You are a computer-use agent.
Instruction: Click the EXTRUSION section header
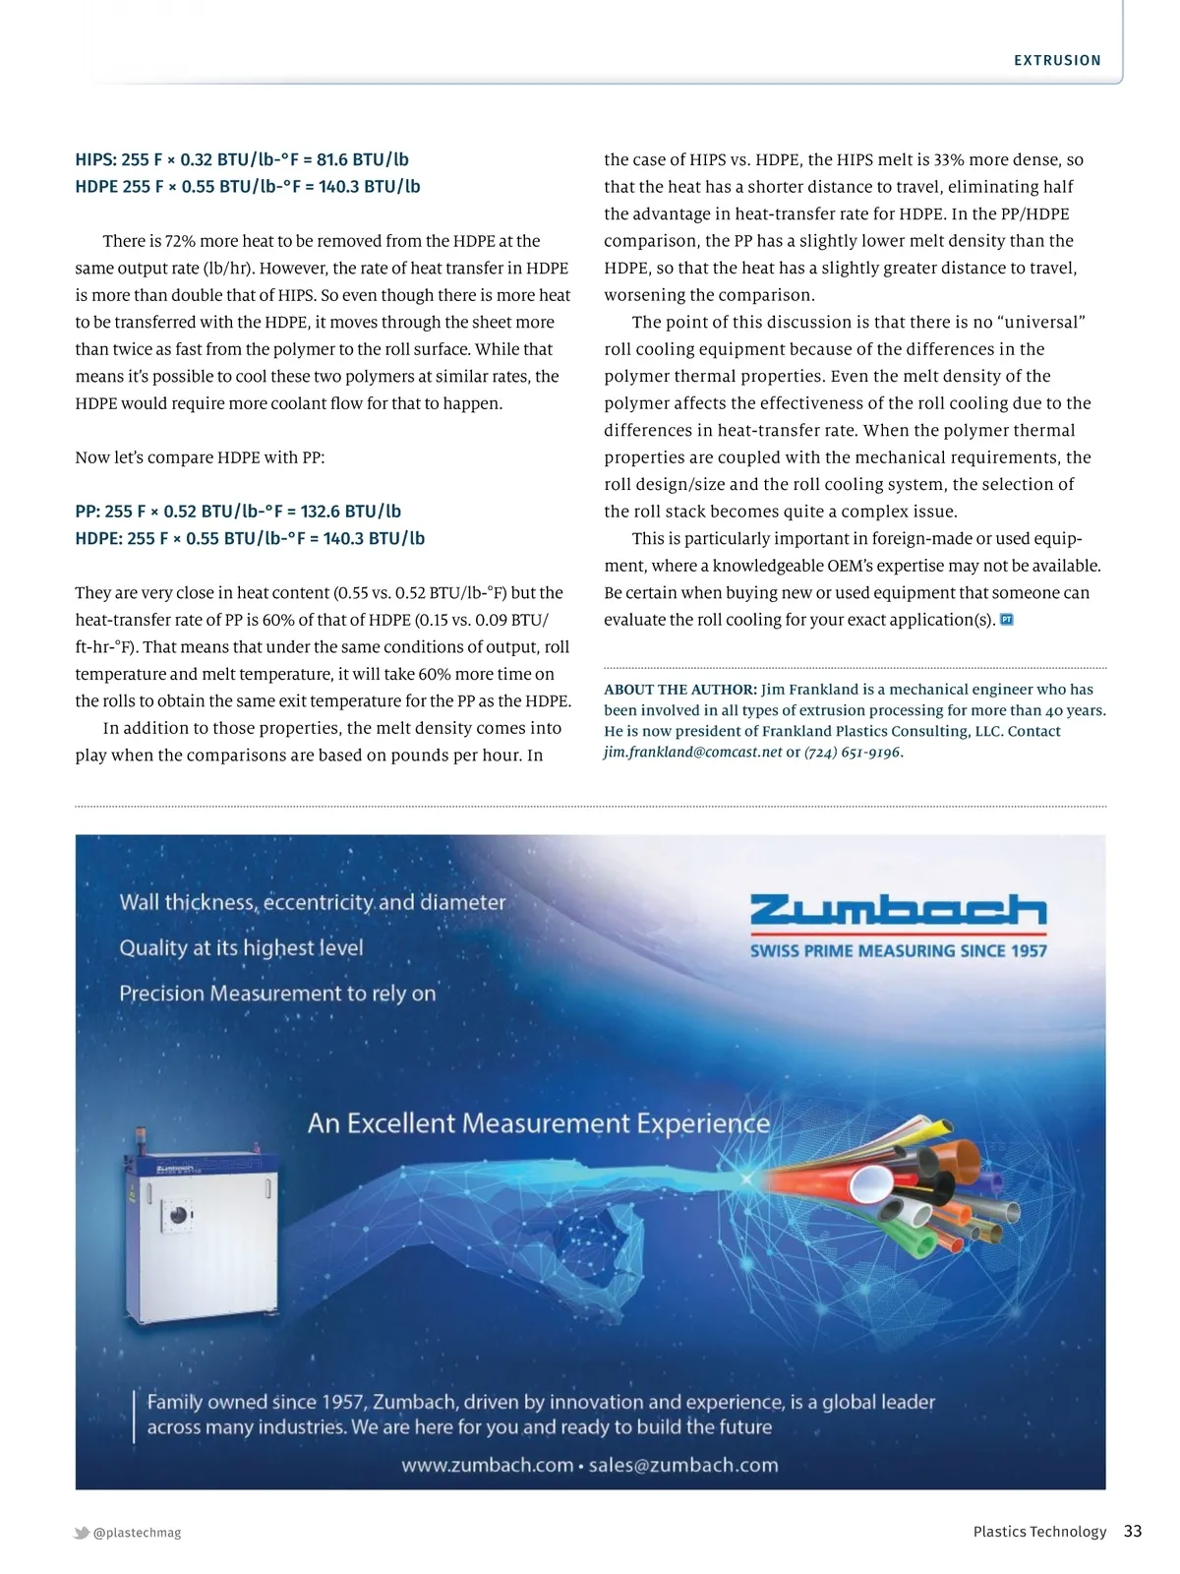(1057, 61)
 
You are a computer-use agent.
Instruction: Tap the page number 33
(1133, 1531)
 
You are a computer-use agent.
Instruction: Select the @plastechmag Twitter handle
(137, 1533)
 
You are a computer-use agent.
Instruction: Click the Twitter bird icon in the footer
(82, 1533)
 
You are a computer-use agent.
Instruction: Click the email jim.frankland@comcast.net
(693, 753)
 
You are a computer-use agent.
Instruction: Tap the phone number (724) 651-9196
(853, 753)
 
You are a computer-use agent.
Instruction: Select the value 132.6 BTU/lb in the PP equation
(351, 512)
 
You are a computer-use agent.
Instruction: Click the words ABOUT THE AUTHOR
(679, 690)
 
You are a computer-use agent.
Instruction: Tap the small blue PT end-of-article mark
(1006, 620)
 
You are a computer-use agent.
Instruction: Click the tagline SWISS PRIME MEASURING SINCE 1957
(898, 951)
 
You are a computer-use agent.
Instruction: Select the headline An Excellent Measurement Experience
(539, 1123)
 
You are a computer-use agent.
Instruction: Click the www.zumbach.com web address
(487, 1465)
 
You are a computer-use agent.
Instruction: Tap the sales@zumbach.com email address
(683, 1465)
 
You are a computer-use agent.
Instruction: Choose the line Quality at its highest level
(241, 948)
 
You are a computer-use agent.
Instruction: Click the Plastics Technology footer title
(1039, 1532)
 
